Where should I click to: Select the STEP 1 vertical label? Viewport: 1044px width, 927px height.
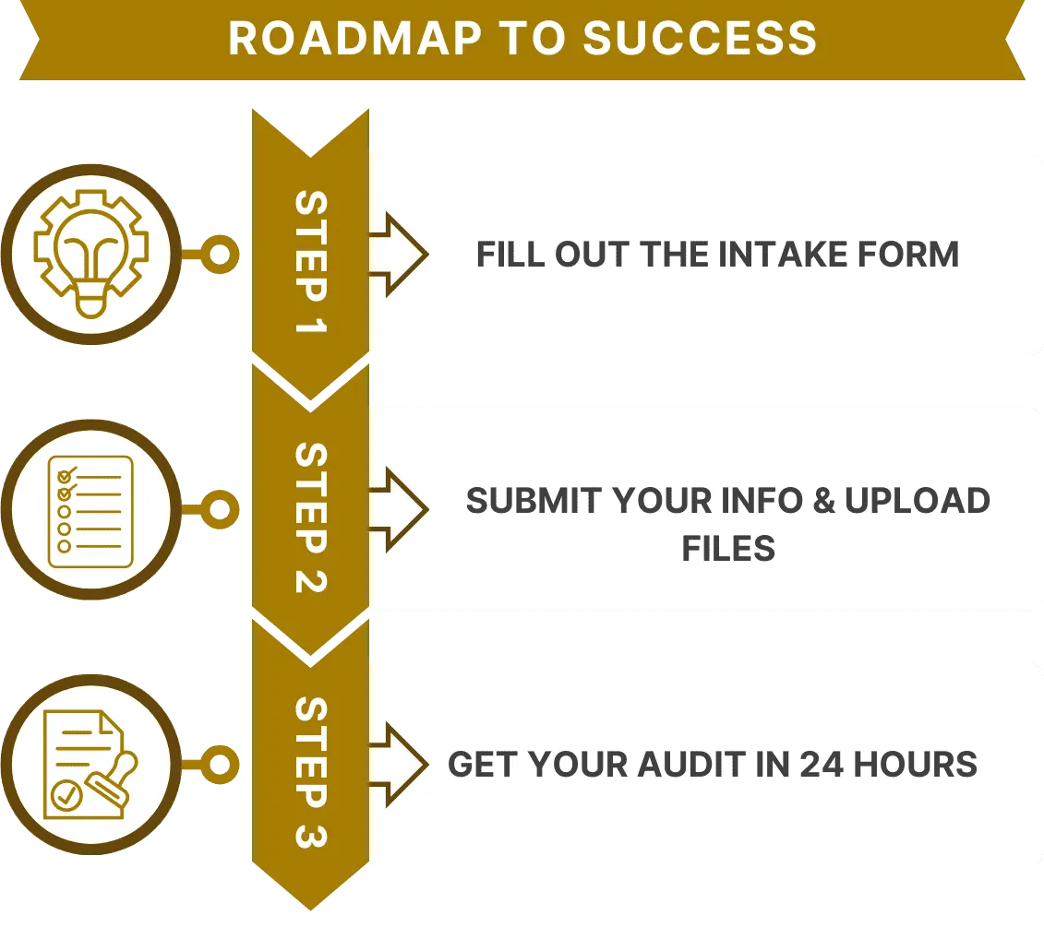[311, 262]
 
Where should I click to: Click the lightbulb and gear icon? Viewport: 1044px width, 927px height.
[90, 253]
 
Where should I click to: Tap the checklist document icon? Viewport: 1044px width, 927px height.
[90, 509]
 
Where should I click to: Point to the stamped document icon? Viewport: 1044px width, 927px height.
[90, 765]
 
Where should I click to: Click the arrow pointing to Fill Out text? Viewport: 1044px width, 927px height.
[399, 255]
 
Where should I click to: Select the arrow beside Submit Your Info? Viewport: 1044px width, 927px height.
[399, 509]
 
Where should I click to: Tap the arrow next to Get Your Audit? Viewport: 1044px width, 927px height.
[399, 765]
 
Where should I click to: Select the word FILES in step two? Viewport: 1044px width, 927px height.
[728, 549]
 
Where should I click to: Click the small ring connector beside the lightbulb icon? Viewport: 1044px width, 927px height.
[220, 253]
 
